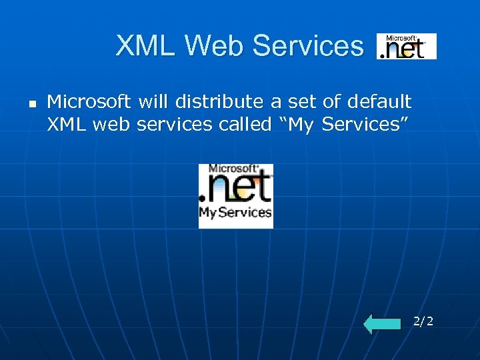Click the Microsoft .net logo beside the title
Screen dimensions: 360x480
pyautogui.click(x=406, y=46)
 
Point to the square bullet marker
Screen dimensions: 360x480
pyautogui.click(x=31, y=104)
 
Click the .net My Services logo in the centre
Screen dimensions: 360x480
pyautogui.click(x=235, y=195)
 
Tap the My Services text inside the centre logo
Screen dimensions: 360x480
pyautogui.click(x=235, y=213)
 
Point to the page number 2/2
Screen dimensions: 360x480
pyautogui.click(x=423, y=321)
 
